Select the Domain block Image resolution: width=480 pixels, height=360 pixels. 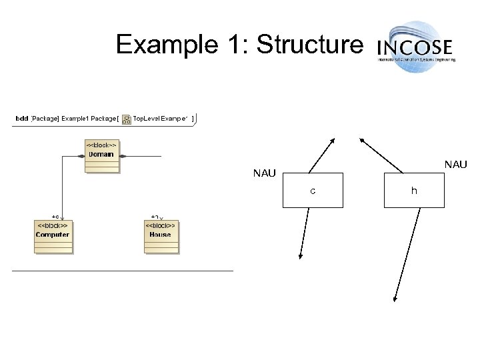101,156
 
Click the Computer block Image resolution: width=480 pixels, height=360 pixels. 52,237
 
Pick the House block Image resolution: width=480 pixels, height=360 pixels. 161,237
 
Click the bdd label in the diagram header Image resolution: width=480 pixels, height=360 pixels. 22,119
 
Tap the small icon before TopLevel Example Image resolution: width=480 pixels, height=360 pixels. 127,119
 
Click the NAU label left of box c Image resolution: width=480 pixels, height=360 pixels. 265,175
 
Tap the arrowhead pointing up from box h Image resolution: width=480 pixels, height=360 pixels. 363,140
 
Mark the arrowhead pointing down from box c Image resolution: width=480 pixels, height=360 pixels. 300,255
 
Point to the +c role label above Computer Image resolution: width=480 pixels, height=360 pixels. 55,217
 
